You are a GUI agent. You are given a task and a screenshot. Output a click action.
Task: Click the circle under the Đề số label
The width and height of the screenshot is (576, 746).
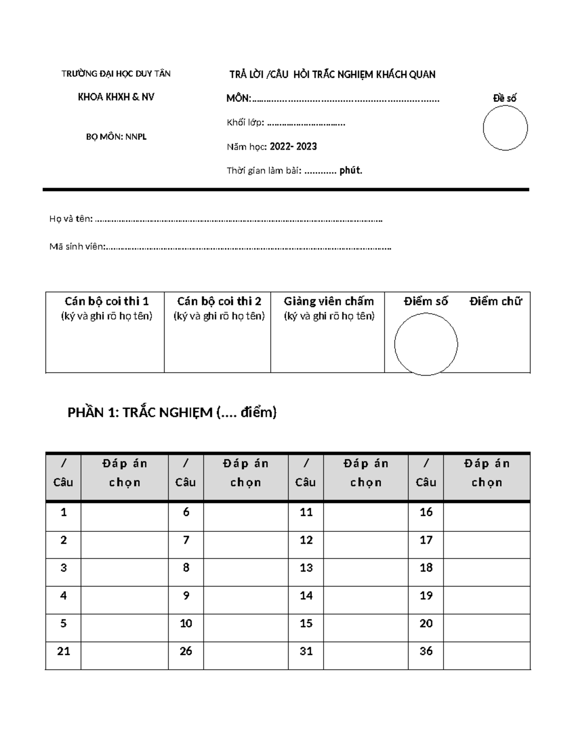tap(505, 128)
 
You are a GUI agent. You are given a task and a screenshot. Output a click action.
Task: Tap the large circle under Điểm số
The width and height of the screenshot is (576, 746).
tap(426, 344)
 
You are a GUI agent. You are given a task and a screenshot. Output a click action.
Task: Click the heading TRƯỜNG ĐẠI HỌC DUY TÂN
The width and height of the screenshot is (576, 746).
tap(116, 73)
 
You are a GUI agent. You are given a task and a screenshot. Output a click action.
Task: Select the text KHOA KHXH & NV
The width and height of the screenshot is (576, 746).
tap(116, 97)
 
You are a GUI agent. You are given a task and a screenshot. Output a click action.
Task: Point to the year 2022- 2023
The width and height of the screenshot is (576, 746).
tap(293, 147)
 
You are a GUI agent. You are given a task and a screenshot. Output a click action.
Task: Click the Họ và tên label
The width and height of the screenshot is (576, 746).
tap(71, 219)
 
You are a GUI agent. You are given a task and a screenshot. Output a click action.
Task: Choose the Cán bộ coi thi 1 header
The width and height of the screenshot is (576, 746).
tap(107, 301)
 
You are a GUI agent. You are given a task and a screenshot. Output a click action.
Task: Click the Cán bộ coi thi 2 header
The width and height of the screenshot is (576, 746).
tap(219, 301)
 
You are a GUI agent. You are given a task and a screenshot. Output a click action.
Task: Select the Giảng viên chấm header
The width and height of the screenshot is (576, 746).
tap(329, 301)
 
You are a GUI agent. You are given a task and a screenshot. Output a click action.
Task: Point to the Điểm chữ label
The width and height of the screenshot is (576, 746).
tap(495, 301)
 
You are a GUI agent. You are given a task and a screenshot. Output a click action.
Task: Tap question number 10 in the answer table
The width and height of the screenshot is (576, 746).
tap(186, 624)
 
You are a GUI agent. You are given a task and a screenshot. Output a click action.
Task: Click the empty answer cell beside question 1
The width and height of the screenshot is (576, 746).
tap(124, 516)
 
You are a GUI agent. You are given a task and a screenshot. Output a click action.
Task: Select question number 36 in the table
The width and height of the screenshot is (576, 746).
tap(426, 651)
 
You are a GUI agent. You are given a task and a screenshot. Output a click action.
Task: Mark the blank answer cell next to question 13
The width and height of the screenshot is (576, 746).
tap(366, 572)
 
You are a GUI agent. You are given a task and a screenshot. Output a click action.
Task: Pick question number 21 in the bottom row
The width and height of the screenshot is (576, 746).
tap(63, 651)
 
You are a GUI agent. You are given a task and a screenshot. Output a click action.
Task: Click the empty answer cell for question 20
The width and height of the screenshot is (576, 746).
tap(487, 627)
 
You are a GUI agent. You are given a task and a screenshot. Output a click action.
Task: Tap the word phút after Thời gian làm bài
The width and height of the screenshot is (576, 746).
tap(350, 171)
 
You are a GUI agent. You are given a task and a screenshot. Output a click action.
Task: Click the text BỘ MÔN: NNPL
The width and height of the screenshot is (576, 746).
tap(116, 137)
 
